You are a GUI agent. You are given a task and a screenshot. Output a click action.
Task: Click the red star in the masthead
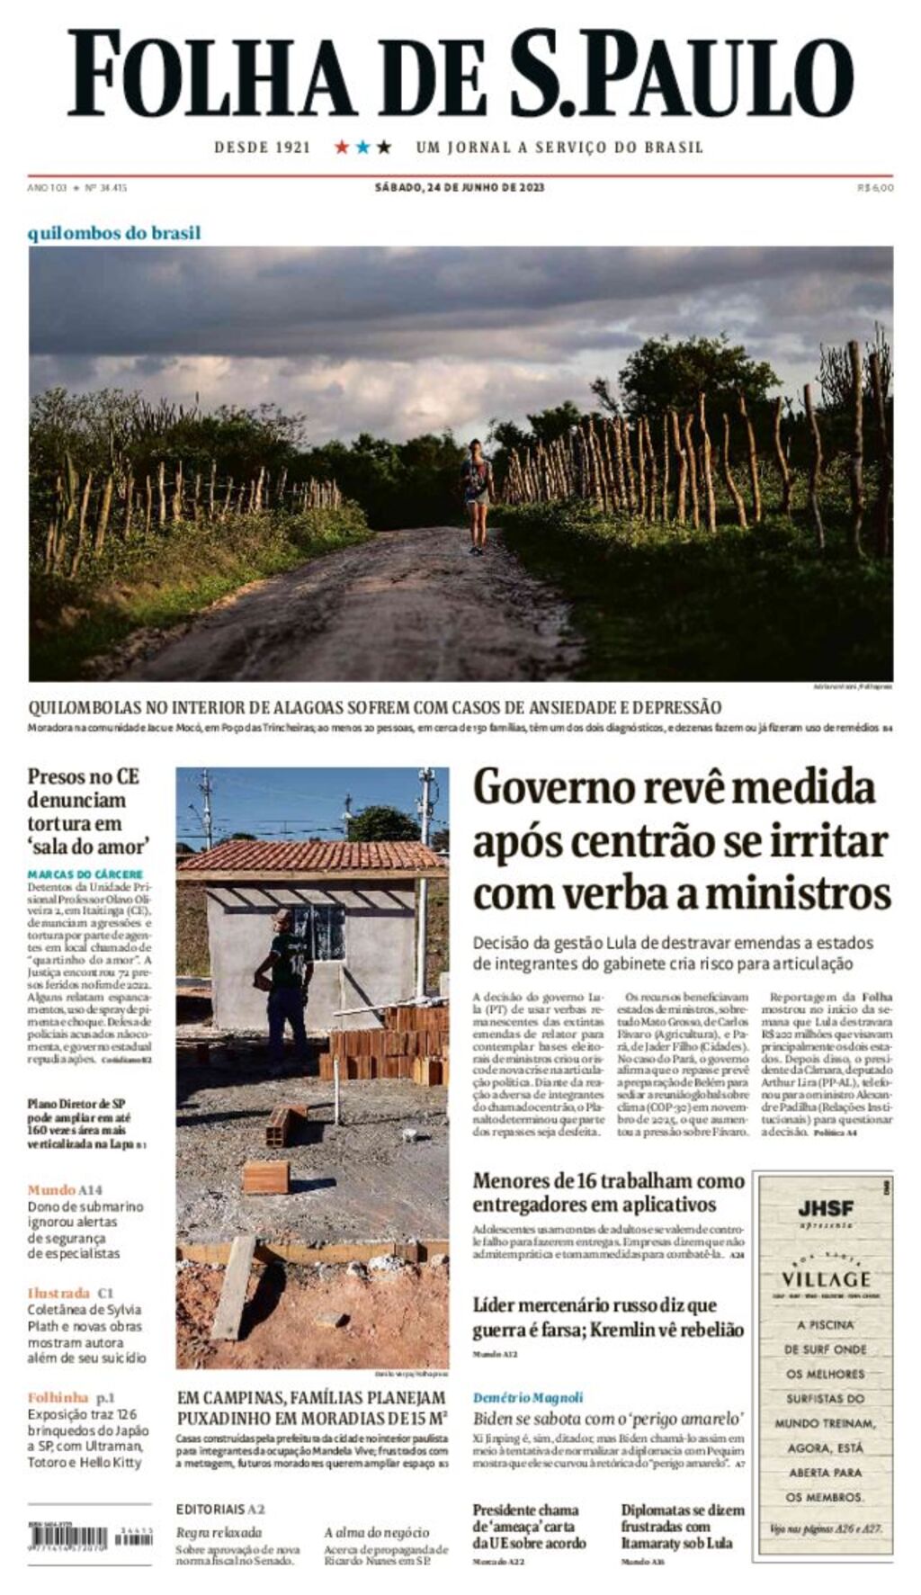coord(342,147)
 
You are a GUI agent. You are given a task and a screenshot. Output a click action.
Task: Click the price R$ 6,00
coord(875,188)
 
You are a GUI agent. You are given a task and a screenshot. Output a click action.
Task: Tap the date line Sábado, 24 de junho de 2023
coord(460,188)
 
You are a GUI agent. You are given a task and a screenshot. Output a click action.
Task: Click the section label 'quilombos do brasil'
coord(114,233)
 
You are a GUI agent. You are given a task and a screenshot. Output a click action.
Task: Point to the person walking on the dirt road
coord(477,495)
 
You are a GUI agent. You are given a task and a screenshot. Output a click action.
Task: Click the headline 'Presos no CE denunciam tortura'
coord(86,811)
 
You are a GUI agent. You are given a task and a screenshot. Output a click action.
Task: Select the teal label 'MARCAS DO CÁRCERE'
coord(85,874)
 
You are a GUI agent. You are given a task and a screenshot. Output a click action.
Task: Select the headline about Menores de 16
coord(608,1192)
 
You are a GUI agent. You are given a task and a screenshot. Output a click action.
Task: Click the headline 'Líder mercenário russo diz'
coord(608,1317)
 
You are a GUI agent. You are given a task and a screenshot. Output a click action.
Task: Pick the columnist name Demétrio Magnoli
coord(528,1397)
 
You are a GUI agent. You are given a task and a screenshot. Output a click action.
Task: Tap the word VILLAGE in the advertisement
coord(826,1278)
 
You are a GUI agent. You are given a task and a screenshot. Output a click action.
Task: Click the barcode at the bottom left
coord(90,1537)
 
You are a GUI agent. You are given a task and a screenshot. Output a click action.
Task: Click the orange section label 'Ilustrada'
coord(58,1293)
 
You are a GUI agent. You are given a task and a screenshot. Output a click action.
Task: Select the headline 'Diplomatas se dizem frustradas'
coord(682,1527)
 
